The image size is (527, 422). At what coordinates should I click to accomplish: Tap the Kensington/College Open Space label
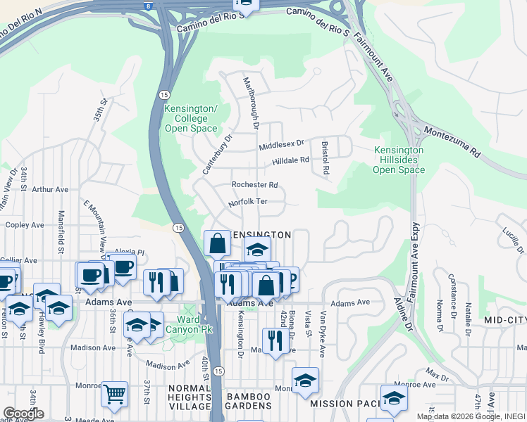click(190, 118)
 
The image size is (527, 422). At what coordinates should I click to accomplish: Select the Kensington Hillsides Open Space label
click(399, 160)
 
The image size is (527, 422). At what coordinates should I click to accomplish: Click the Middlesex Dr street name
click(280, 144)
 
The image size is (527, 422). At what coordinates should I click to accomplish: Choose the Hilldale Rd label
click(291, 161)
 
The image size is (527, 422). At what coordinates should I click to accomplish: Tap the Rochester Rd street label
click(254, 185)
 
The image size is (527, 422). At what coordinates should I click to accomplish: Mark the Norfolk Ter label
click(248, 203)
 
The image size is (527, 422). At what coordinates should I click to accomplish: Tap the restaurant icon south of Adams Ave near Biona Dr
click(275, 340)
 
